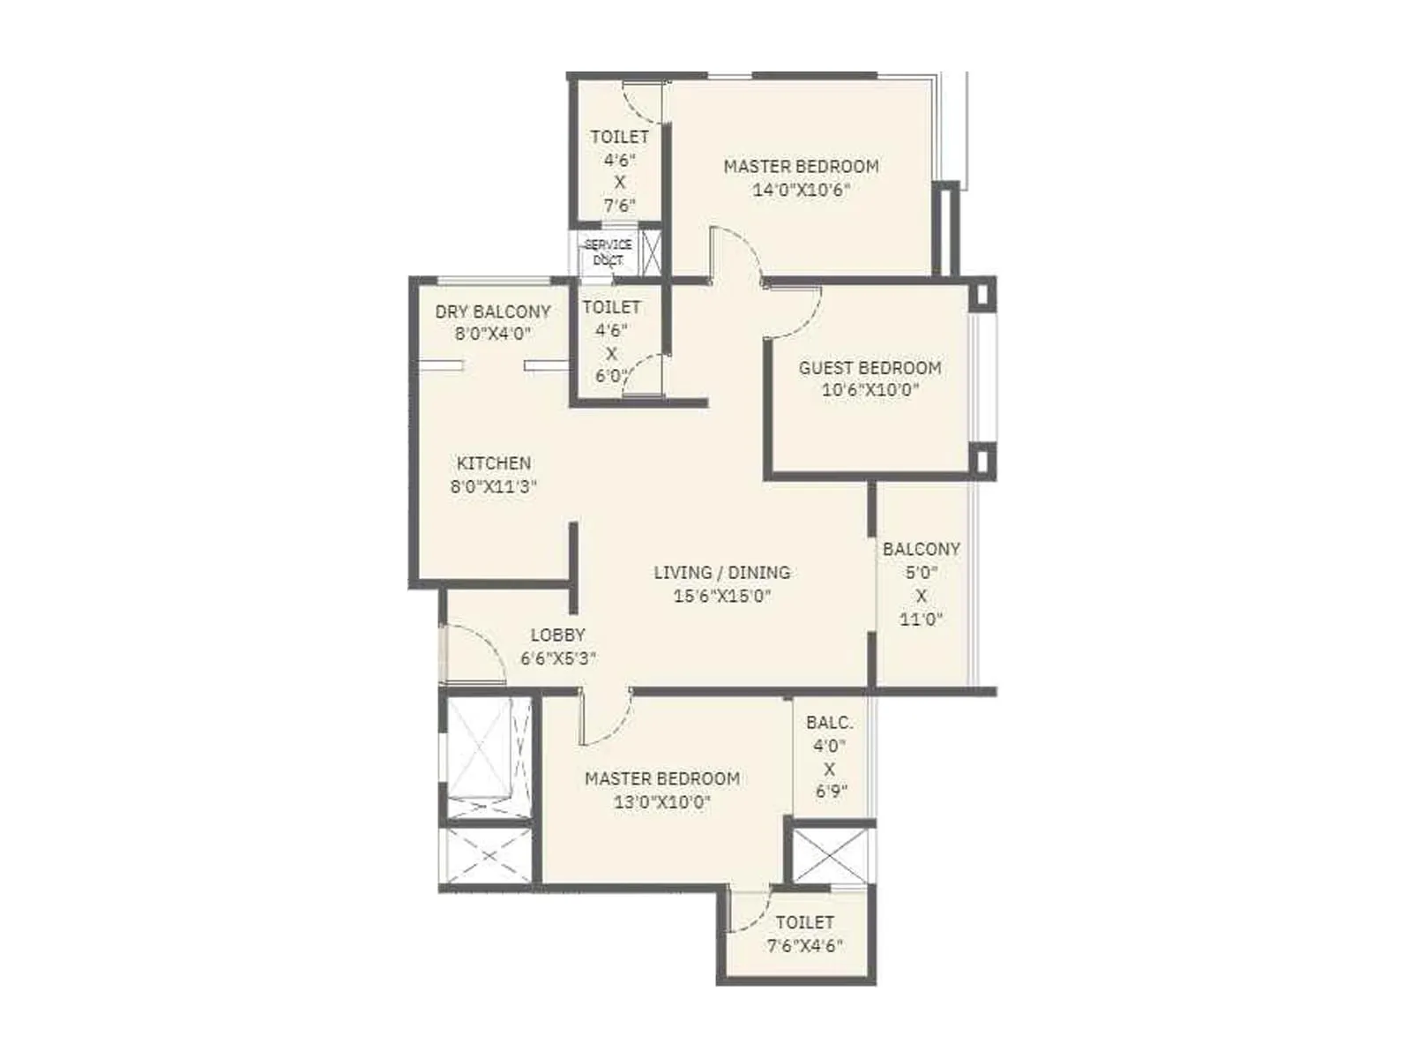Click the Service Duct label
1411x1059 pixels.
[x=608, y=252]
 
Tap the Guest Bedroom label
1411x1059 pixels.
[x=870, y=367]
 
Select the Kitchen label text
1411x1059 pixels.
[x=494, y=462]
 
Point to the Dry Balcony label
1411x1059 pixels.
[x=492, y=312]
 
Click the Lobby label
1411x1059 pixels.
[x=557, y=635]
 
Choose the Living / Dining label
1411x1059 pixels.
[x=721, y=572]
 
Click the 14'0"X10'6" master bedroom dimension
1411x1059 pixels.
[x=801, y=189]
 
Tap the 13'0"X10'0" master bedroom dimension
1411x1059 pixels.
[x=661, y=802]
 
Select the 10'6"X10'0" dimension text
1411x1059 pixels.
[x=870, y=390]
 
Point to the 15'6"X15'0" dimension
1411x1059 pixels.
[x=721, y=596]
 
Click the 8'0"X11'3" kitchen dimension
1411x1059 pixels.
[x=494, y=486]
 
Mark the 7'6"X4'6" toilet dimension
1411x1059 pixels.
[x=804, y=946]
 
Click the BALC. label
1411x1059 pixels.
[x=829, y=722]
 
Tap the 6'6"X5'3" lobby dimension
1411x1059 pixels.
[x=557, y=658]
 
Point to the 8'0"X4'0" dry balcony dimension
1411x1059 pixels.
[x=492, y=334]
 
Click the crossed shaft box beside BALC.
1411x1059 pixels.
[x=828, y=854]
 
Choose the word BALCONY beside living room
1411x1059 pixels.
[x=921, y=549]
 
